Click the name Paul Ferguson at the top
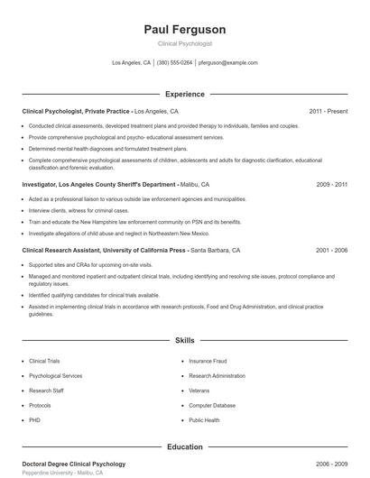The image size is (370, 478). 185,30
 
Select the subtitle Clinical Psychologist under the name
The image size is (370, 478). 185,43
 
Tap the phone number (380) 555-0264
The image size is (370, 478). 174,63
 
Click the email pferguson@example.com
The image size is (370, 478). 228,63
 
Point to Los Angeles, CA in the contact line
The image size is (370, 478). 132,63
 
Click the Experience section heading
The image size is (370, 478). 185,94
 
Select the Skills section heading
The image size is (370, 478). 185,341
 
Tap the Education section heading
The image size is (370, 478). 185,446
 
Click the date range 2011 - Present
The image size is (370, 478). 328,111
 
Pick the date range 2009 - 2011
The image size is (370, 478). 332,184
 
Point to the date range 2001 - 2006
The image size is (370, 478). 332,250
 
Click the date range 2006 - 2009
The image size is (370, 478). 332,464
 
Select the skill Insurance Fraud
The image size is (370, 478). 208,361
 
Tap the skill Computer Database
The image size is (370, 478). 213,405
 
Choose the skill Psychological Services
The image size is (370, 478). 56,375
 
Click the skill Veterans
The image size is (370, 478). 199,391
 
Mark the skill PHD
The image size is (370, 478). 34,420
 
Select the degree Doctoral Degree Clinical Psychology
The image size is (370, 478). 73,464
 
